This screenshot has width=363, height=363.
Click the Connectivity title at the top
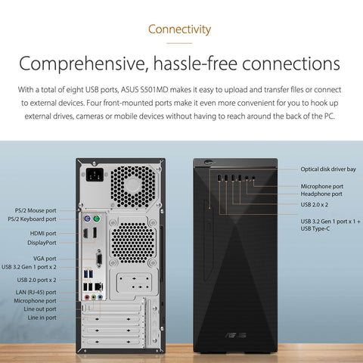pyautogui.click(x=179, y=29)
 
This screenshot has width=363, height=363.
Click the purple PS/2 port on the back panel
pyautogui.click(x=87, y=219)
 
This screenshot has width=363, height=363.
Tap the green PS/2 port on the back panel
pyautogui.click(x=96, y=219)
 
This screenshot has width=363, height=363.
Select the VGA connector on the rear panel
pyautogui.click(x=99, y=259)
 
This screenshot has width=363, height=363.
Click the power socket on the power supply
pyautogui.click(x=95, y=175)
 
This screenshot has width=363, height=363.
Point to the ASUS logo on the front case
pyautogui.click(x=235, y=335)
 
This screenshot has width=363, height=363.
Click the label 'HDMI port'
pyautogui.click(x=43, y=234)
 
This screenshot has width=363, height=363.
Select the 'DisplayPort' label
pyautogui.click(x=42, y=243)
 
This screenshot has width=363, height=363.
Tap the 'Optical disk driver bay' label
pyautogui.click(x=328, y=169)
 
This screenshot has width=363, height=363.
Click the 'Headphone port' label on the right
pyautogui.click(x=321, y=194)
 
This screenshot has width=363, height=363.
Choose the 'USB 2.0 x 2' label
pyautogui.click(x=315, y=204)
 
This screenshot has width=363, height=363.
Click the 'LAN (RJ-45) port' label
pyautogui.click(x=36, y=293)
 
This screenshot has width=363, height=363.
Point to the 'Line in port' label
pyautogui.click(x=42, y=318)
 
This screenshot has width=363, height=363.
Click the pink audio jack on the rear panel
pyautogui.click(x=87, y=297)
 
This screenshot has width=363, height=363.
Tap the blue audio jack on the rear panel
pyautogui.click(x=100, y=297)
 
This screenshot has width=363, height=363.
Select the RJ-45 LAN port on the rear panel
pyautogui.click(x=98, y=287)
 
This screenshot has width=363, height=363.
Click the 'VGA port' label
pyautogui.click(x=45, y=259)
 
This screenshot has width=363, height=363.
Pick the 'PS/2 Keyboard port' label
pyautogui.click(x=32, y=219)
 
